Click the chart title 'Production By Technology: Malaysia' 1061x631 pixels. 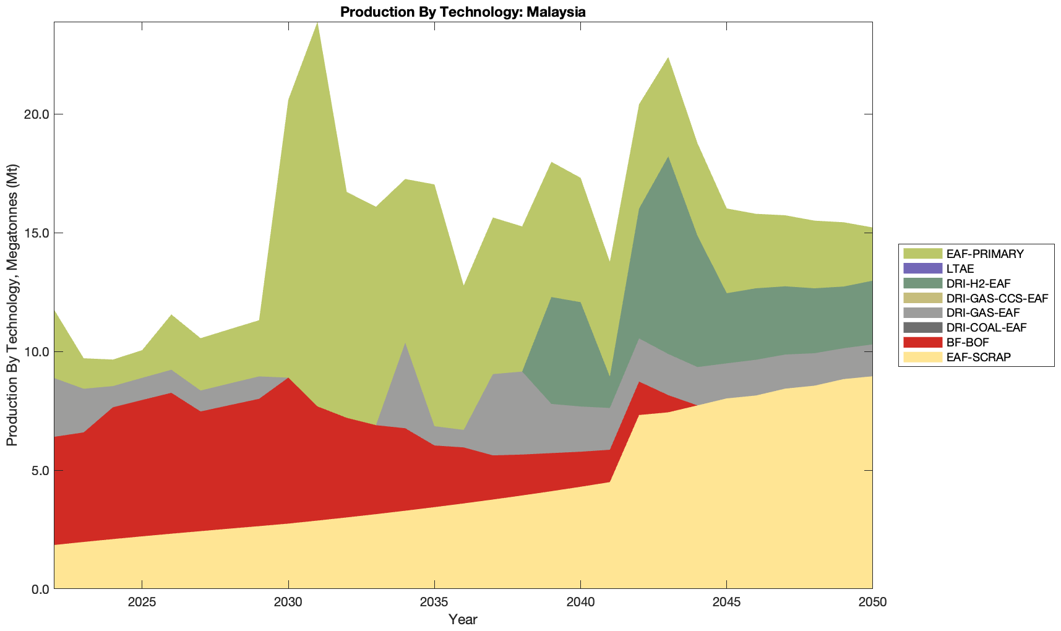(x=463, y=11)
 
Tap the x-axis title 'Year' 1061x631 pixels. (x=463, y=619)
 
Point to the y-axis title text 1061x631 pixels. (x=12, y=305)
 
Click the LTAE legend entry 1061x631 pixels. (x=960, y=268)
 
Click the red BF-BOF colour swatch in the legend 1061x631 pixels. (x=922, y=342)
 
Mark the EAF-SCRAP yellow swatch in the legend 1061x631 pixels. (x=922, y=357)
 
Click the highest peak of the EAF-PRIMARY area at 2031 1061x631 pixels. (x=317, y=24)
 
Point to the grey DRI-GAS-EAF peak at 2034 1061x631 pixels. (x=405, y=345)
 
